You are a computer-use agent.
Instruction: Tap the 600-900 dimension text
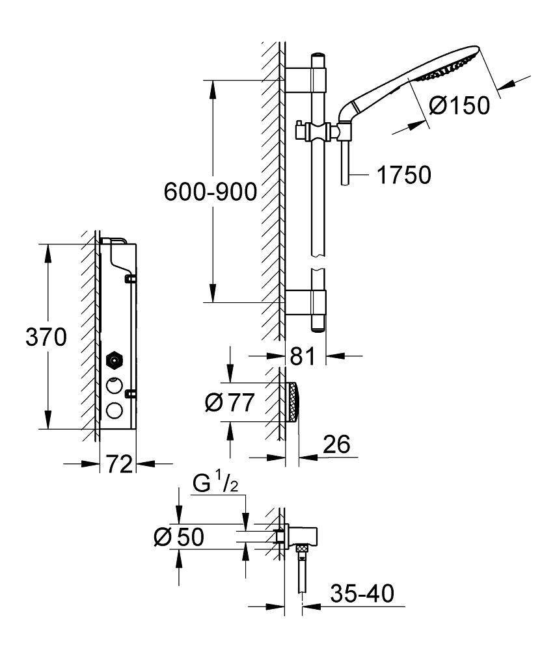[210, 192]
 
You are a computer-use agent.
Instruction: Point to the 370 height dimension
[46, 337]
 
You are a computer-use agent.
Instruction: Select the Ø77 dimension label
[227, 403]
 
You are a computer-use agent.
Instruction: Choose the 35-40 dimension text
[361, 593]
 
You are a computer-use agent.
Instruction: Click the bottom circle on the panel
[114, 411]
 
